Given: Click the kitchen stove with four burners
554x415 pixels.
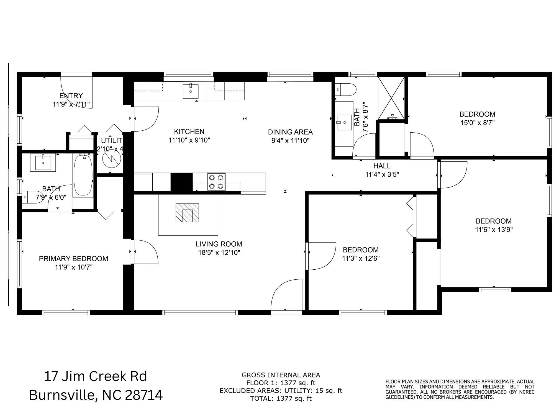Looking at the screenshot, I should pyautogui.click(x=216, y=182).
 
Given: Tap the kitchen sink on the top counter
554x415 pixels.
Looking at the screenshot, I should pyautogui.click(x=191, y=91).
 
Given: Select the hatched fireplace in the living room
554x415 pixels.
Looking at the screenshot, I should pyautogui.click(x=187, y=213).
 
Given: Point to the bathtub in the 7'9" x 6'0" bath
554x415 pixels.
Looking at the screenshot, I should pyautogui.click(x=83, y=176).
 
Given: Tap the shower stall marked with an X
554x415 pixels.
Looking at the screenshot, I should pyautogui.click(x=391, y=98).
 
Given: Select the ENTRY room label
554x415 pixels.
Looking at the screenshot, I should pyautogui.click(x=71, y=96).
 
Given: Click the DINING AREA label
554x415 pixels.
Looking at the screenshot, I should pyautogui.click(x=290, y=132).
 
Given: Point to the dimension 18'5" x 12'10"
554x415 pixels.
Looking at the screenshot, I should pyautogui.click(x=219, y=252).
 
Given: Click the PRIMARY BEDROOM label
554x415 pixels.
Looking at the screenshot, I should pyautogui.click(x=73, y=259).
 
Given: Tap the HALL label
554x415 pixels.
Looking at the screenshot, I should pyautogui.click(x=382, y=166).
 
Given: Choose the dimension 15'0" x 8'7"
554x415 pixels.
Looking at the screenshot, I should pyautogui.click(x=477, y=123).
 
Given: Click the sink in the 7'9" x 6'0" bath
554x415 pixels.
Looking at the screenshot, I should pyautogui.click(x=43, y=163).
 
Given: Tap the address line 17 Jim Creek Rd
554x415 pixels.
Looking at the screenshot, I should pyautogui.click(x=96, y=377).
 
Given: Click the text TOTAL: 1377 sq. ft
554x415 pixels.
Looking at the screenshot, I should pyautogui.click(x=281, y=398).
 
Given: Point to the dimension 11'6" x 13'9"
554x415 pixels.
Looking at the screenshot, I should pyautogui.click(x=494, y=230).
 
